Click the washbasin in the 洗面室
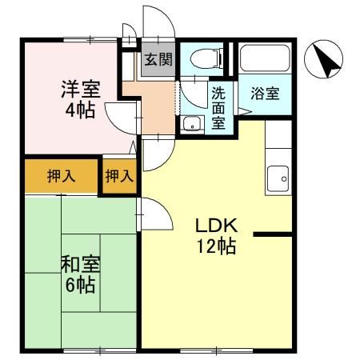pyautogui.click(x=191, y=124)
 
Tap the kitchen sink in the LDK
pyautogui.click(x=277, y=178)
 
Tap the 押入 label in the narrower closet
pyautogui.click(x=119, y=176)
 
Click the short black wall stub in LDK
pyautogui.click(x=273, y=234)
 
